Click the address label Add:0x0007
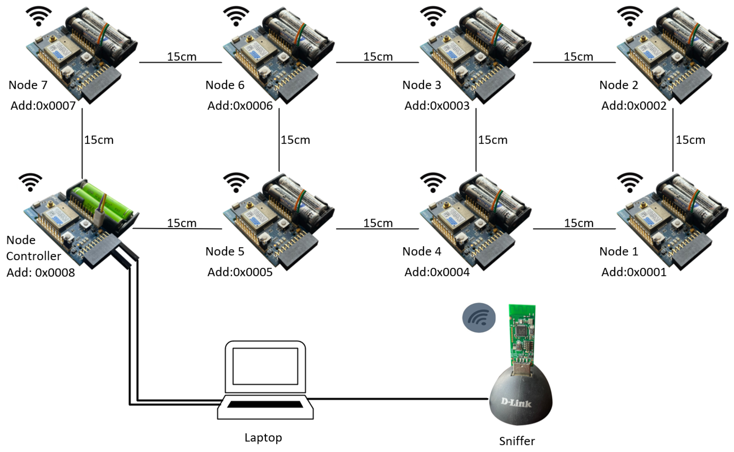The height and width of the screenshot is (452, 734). (x=43, y=106)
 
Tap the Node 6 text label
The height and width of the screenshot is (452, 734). (x=225, y=85)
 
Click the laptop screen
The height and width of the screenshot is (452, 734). (x=265, y=366)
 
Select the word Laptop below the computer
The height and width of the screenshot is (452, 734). (x=263, y=438)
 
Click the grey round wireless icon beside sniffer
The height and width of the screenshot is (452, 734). (x=479, y=318)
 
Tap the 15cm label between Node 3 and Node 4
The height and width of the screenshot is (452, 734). (x=493, y=140)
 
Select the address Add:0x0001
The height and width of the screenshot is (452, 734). (x=634, y=272)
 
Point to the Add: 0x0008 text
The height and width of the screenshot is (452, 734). (x=41, y=273)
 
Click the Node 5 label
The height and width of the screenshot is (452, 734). (x=225, y=251)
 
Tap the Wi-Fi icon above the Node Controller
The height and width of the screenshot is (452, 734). (x=30, y=182)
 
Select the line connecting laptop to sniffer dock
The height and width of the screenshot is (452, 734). (x=398, y=398)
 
